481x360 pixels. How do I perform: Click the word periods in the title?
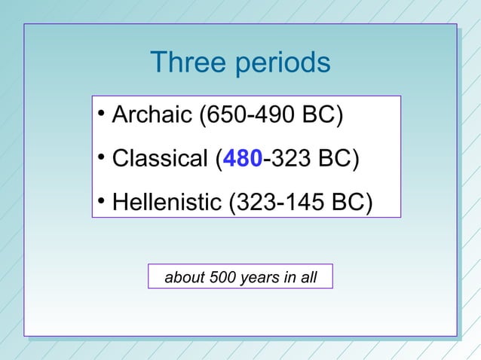[x=283, y=64]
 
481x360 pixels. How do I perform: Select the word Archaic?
[x=152, y=116]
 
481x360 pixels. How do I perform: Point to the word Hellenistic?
[x=167, y=203]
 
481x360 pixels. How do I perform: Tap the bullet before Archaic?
[x=100, y=115]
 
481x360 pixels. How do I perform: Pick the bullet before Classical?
[x=100, y=159]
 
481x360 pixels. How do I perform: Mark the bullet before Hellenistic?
[x=100, y=203]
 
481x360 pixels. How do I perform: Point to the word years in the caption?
[x=259, y=278]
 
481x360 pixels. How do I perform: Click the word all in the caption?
[x=308, y=278]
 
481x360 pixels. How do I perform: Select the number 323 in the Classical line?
[x=290, y=160]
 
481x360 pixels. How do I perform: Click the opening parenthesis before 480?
[x=219, y=160]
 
